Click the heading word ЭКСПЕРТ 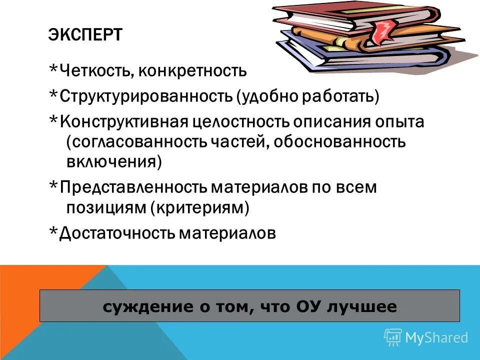click(x=85, y=36)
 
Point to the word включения click(x=112, y=162)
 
